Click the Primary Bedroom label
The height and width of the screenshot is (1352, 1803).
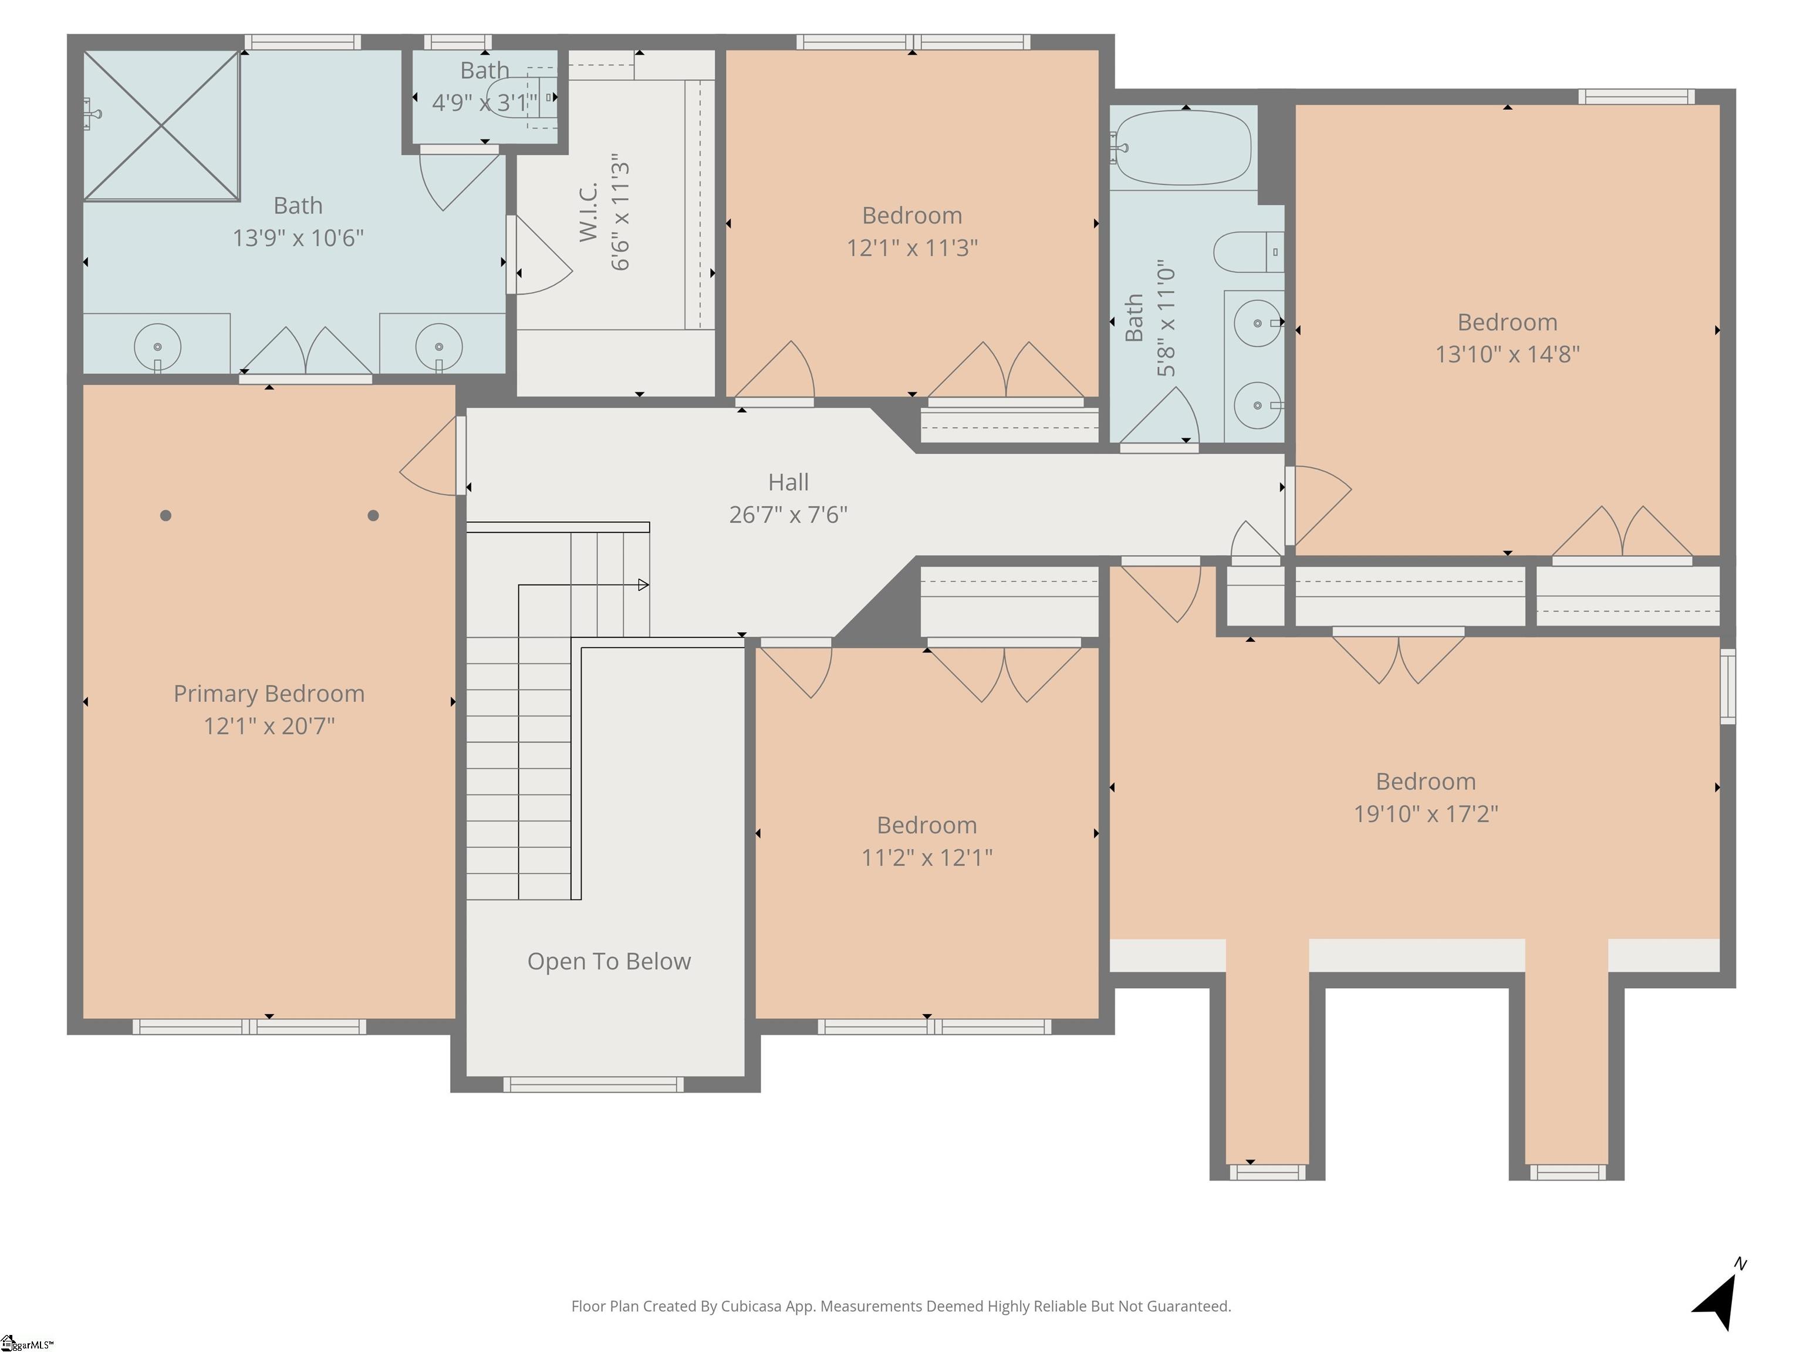pyautogui.click(x=268, y=694)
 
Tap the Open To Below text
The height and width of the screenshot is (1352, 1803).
pyautogui.click(x=608, y=962)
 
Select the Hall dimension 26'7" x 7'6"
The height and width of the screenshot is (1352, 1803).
pyautogui.click(x=788, y=514)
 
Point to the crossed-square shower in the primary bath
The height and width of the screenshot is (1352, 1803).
pyautogui.click(x=161, y=126)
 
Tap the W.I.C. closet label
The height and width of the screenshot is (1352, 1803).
pyautogui.click(x=589, y=211)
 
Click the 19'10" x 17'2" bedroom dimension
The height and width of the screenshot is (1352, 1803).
pyautogui.click(x=1425, y=813)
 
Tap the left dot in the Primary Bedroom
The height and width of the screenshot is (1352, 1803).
pyautogui.click(x=166, y=515)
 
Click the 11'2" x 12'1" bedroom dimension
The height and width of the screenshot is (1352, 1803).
pyautogui.click(x=926, y=857)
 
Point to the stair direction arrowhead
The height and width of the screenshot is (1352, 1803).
pyautogui.click(x=643, y=584)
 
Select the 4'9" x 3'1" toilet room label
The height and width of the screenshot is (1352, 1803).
pyautogui.click(x=484, y=103)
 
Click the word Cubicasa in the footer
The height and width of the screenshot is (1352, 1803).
pyautogui.click(x=751, y=1306)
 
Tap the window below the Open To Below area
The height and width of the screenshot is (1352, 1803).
pyautogui.click(x=593, y=1084)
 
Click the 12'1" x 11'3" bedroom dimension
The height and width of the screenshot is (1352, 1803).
pyautogui.click(x=911, y=248)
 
